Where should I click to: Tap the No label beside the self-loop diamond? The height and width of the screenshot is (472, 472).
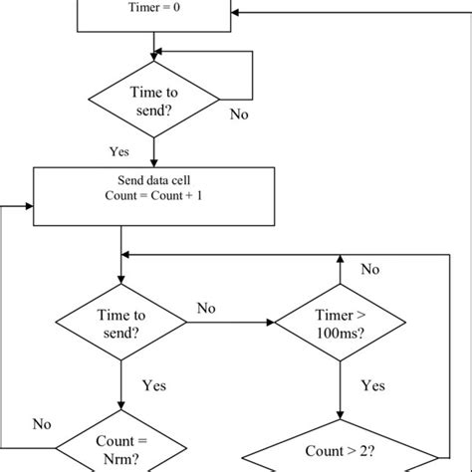[239, 115]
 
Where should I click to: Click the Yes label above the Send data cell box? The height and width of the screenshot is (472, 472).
[119, 152]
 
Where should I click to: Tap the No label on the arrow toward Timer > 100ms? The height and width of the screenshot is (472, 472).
[206, 308]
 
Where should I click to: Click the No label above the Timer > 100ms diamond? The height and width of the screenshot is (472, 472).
[370, 269]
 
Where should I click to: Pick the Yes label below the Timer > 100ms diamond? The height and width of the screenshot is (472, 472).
[372, 385]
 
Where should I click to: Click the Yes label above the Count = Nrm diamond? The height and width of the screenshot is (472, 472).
[152, 384]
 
